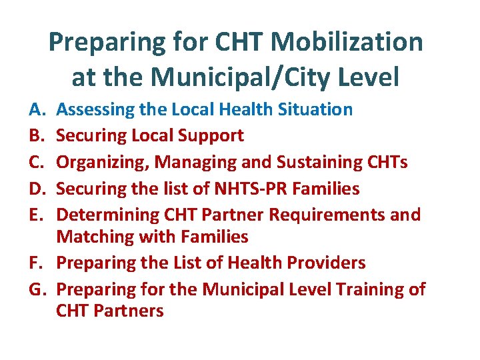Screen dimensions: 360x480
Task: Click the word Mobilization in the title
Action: tap(347, 43)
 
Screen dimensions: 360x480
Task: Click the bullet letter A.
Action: tap(34, 109)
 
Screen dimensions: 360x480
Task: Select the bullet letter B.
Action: tap(34, 136)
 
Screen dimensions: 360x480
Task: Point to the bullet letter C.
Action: tap(34, 163)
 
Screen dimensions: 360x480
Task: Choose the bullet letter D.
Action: tap(34, 189)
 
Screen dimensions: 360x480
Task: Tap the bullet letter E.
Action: tap(34, 215)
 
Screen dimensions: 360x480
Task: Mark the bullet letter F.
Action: tap(34, 263)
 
